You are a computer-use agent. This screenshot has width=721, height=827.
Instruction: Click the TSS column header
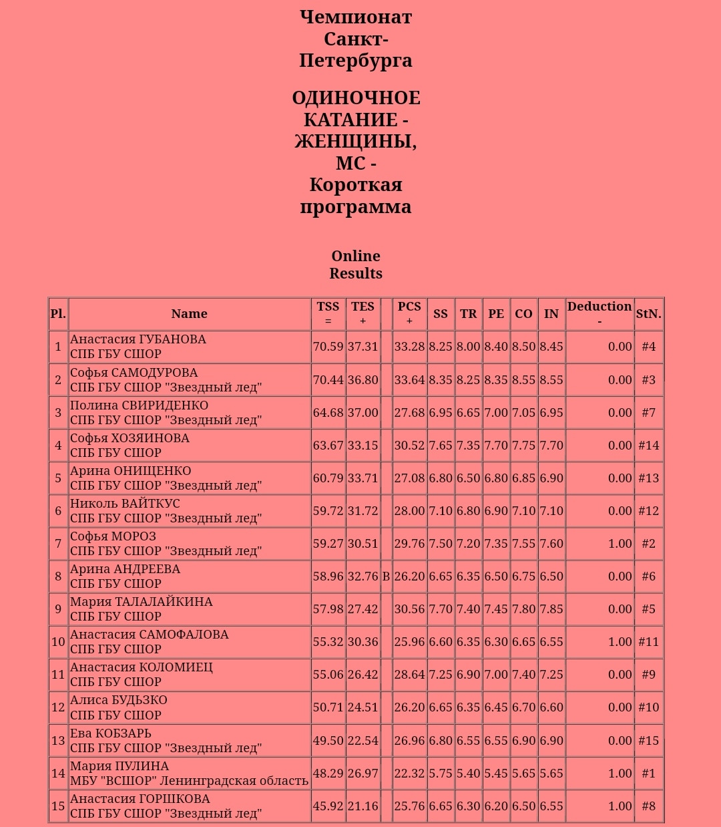(328, 313)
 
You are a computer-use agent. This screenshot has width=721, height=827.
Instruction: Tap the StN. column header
(648, 313)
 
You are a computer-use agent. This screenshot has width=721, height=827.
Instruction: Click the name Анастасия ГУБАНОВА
(138, 339)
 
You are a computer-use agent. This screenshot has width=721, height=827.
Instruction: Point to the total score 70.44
(328, 380)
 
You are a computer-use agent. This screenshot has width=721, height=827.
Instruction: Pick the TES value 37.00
(363, 413)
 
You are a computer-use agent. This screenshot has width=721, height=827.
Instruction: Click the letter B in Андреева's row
(386, 576)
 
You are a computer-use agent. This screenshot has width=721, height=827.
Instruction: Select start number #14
(648, 446)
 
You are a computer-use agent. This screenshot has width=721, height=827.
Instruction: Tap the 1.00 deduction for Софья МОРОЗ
(620, 544)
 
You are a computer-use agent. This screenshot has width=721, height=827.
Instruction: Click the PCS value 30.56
(409, 609)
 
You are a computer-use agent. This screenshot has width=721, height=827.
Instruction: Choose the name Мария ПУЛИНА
(119, 766)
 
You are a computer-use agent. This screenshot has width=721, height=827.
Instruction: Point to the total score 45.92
(328, 806)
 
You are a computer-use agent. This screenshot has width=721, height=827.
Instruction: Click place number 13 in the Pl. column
(58, 741)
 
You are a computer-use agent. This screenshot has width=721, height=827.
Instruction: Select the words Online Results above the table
(356, 265)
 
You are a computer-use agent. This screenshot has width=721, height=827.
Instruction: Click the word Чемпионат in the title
(356, 17)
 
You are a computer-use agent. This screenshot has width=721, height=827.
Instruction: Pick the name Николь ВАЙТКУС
(125, 504)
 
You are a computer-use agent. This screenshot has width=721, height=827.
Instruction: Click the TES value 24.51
(363, 707)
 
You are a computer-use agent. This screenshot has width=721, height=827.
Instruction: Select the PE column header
(496, 313)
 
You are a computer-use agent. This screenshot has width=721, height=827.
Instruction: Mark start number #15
(648, 741)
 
